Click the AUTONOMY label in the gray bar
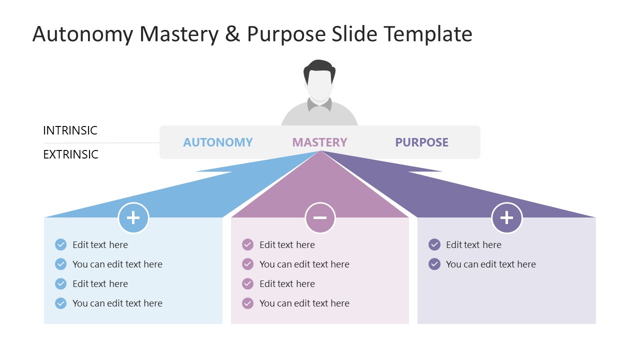pos(217,142)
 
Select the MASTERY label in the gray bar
pos(319,142)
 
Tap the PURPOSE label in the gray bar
pos(421,142)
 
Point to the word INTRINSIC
pos(70,130)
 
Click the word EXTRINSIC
pos(70,154)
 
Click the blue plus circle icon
pos(133,218)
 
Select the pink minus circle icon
pos(320,218)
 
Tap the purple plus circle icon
pos(506,218)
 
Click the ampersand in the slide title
pos(232,34)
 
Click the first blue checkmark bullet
pos(60,244)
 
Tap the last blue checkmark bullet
pos(60,303)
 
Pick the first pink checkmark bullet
pos(247,244)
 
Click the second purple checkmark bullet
pos(434,264)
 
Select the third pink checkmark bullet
pos(247,283)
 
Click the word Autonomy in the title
pos(83,34)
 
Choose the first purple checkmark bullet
pos(434,244)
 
